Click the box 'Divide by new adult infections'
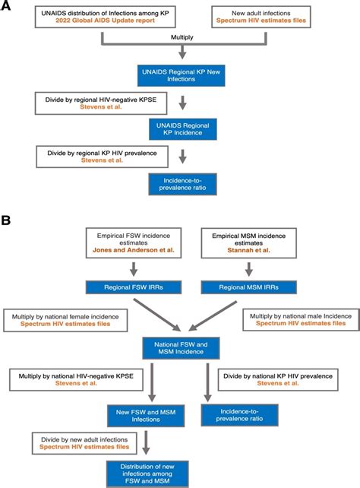[82, 443]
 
